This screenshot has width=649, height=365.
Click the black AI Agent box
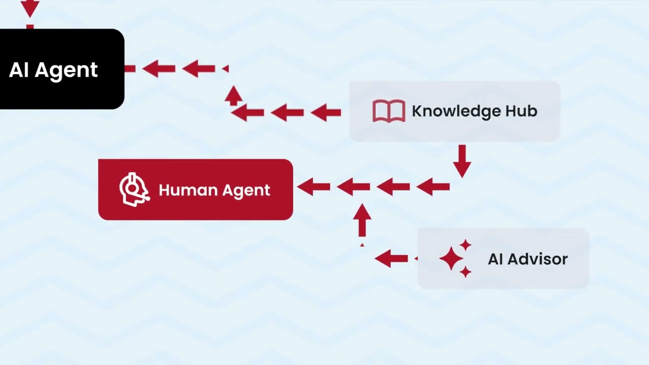(62, 69)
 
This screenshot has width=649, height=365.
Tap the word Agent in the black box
(66, 70)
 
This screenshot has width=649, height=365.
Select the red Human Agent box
(196, 190)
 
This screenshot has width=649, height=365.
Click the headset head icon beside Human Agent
(134, 190)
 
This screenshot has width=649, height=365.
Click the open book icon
(389, 111)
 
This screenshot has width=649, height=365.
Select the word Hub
(521, 111)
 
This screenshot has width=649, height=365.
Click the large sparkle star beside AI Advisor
(451, 259)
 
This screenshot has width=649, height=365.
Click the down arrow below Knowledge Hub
(462, 161)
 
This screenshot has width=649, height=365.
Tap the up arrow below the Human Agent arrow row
(362, 220)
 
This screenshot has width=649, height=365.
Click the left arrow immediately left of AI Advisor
(391, 258)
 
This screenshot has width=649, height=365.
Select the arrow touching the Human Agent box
(313, 187)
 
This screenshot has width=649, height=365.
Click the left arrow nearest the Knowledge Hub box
(326, 113)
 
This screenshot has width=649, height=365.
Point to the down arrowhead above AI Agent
(30, 9)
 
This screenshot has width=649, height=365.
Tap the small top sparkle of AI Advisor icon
(465, 245)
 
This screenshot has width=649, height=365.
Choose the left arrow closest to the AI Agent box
(159, 68)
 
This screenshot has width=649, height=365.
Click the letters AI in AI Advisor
(495, 259)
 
